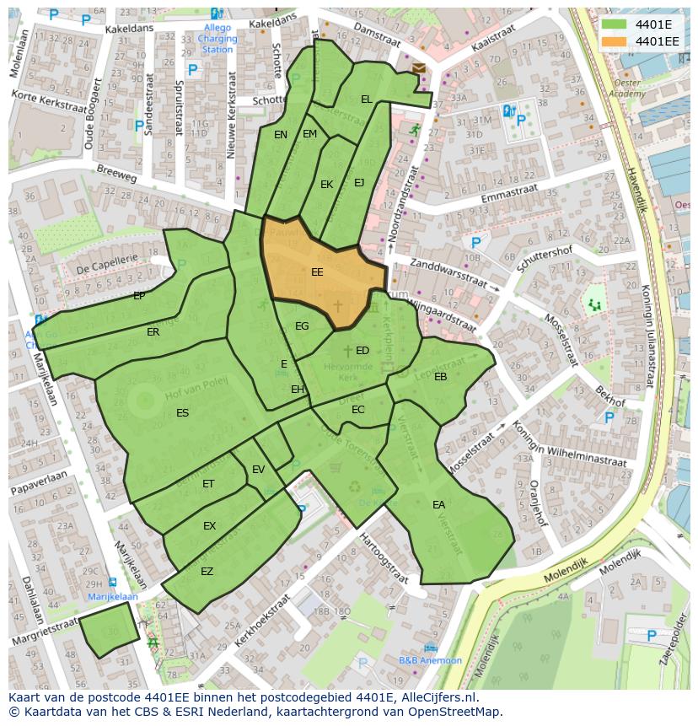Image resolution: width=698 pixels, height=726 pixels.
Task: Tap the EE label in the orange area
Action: (x=317, y=272)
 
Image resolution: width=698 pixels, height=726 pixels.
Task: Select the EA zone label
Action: (x=438, y=505)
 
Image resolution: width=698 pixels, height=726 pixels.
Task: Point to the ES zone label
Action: (x=182, y=413)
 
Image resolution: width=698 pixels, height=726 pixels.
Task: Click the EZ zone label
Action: (x=207, y=572)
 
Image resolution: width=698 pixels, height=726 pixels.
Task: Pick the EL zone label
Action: (x=366, y=99)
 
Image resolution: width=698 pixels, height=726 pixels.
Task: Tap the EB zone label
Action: (x=440, y=377)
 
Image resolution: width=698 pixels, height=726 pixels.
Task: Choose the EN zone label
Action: (x=281, y=135)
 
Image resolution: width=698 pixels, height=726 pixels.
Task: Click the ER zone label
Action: (x=153, y=332)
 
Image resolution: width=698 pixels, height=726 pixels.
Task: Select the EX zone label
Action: (x=209, y=526)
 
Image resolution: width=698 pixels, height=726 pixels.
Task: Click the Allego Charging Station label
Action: (x=217, y=38)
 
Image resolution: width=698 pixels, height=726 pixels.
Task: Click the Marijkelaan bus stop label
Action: (x=112, y=596)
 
